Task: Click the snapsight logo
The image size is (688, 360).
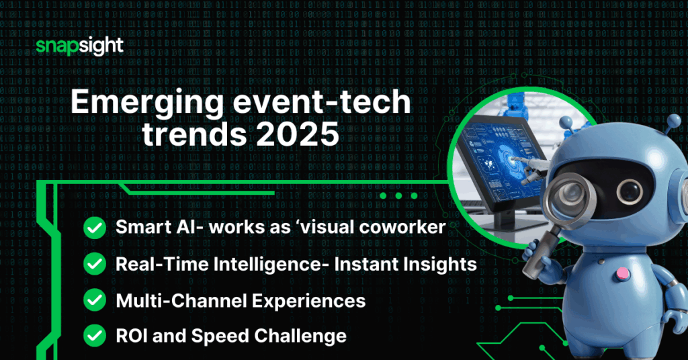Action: point(79,47)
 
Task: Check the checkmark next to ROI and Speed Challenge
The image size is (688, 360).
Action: point(93,336)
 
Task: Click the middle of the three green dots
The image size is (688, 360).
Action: point(399,196)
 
